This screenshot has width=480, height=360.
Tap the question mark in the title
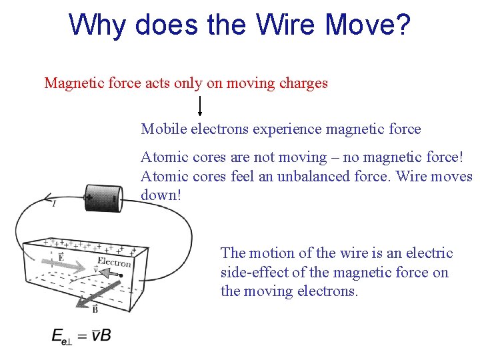pyautogui.click(x=403, y=25)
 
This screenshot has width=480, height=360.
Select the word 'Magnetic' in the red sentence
pyautogui.click(x=71, y=83)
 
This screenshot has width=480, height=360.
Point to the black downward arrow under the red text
pyautogui.click(x=199, y=106)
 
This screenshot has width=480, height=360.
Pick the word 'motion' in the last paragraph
pyautogui.click(x=273, y=253)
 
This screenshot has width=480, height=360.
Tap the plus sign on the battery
pyautogui.click(x=89, y=198)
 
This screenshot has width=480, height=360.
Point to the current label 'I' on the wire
pyautogui.click(x=53, y=203)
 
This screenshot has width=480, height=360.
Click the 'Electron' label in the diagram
pyautogui.click(x=114, y=262)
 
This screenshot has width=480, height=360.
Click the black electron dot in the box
pyautogui.click(x=121, y=275)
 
